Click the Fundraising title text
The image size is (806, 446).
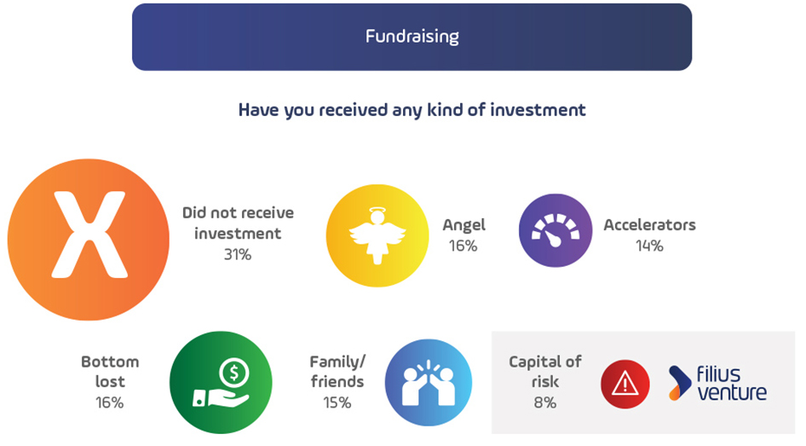click(x=412, y=37)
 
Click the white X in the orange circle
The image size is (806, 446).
click(x=89, y=235)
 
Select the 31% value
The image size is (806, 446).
click(x=238, y=255)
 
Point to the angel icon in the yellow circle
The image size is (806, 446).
click(x=377, y=236)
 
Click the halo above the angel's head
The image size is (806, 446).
click(x=377, y=210)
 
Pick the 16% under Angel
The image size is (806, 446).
click(x=463, y=246)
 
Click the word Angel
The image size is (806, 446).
click(x=463, y=226)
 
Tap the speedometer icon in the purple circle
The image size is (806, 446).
click(x=556, y=230)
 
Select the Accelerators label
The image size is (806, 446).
click(x=649, y=225)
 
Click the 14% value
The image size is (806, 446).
click(x=649, y=246)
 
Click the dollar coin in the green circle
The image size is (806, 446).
click(x=234, y=373)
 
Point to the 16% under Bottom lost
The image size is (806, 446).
click(x=110, y=403)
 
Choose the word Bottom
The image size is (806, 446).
click(x=110, y=362)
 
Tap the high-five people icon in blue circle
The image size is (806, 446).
click(x=429, y=383)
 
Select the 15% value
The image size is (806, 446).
click(x=337, y=403)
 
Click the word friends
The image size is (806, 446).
click(x=337, y=382)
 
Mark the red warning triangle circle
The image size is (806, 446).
click(x=625, y=385)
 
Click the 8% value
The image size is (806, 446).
click(x=545, y=403)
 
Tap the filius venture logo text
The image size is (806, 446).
click(x=732, y=383)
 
